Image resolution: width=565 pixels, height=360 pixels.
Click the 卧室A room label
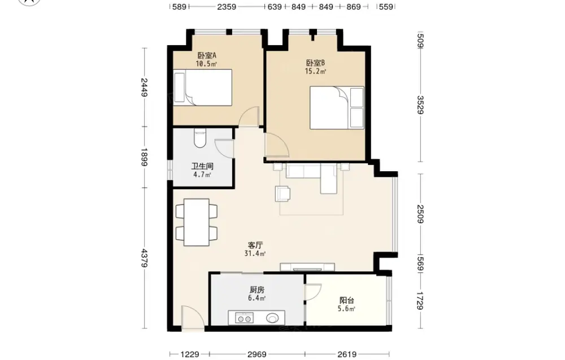click(206, 55)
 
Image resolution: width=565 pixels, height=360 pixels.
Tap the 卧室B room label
click(316, 63)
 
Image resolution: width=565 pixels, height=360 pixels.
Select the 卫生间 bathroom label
click(202, 166)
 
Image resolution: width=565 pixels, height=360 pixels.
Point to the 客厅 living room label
click(255, 245)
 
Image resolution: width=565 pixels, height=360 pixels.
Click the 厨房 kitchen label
click(257, 290)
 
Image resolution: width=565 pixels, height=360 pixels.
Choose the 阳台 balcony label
click(347, 300)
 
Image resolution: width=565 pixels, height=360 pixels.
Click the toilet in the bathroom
click(200, 138)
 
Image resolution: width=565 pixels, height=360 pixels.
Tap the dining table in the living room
click(197, 222)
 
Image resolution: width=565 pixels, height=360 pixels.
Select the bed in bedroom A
click(202, 88)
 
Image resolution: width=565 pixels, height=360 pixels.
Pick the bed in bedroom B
click(337, 107)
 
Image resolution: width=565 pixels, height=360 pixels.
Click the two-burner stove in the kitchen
click(244, 318)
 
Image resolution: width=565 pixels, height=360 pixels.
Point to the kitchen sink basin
click(272, 318)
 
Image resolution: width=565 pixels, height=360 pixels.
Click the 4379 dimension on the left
click(145, 258)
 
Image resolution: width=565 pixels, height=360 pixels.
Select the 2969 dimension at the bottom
click(257, 354)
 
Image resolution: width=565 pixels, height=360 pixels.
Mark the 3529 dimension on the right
click(420, 105)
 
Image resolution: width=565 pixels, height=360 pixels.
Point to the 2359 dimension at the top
click(227, 6)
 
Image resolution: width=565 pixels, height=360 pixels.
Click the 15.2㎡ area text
click(316, 71)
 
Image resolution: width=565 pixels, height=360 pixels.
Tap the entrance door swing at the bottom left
click(193, 317)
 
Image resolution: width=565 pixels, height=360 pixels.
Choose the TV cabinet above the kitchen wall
click(307, 267)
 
